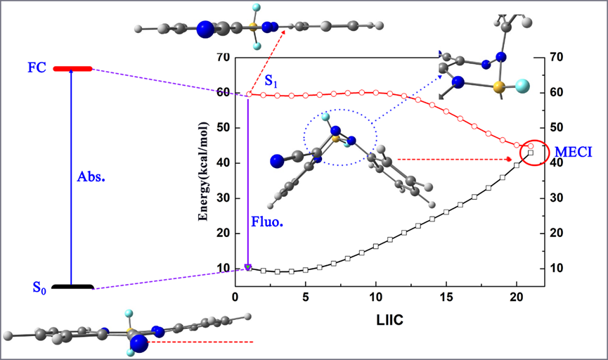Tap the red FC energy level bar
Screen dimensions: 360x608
point(72,68)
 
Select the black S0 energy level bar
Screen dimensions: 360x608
point(72,287)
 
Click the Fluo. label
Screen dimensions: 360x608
point(264,222)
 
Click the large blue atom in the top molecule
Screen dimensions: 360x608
point(205,29)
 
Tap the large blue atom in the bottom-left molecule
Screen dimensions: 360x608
point(139,343)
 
